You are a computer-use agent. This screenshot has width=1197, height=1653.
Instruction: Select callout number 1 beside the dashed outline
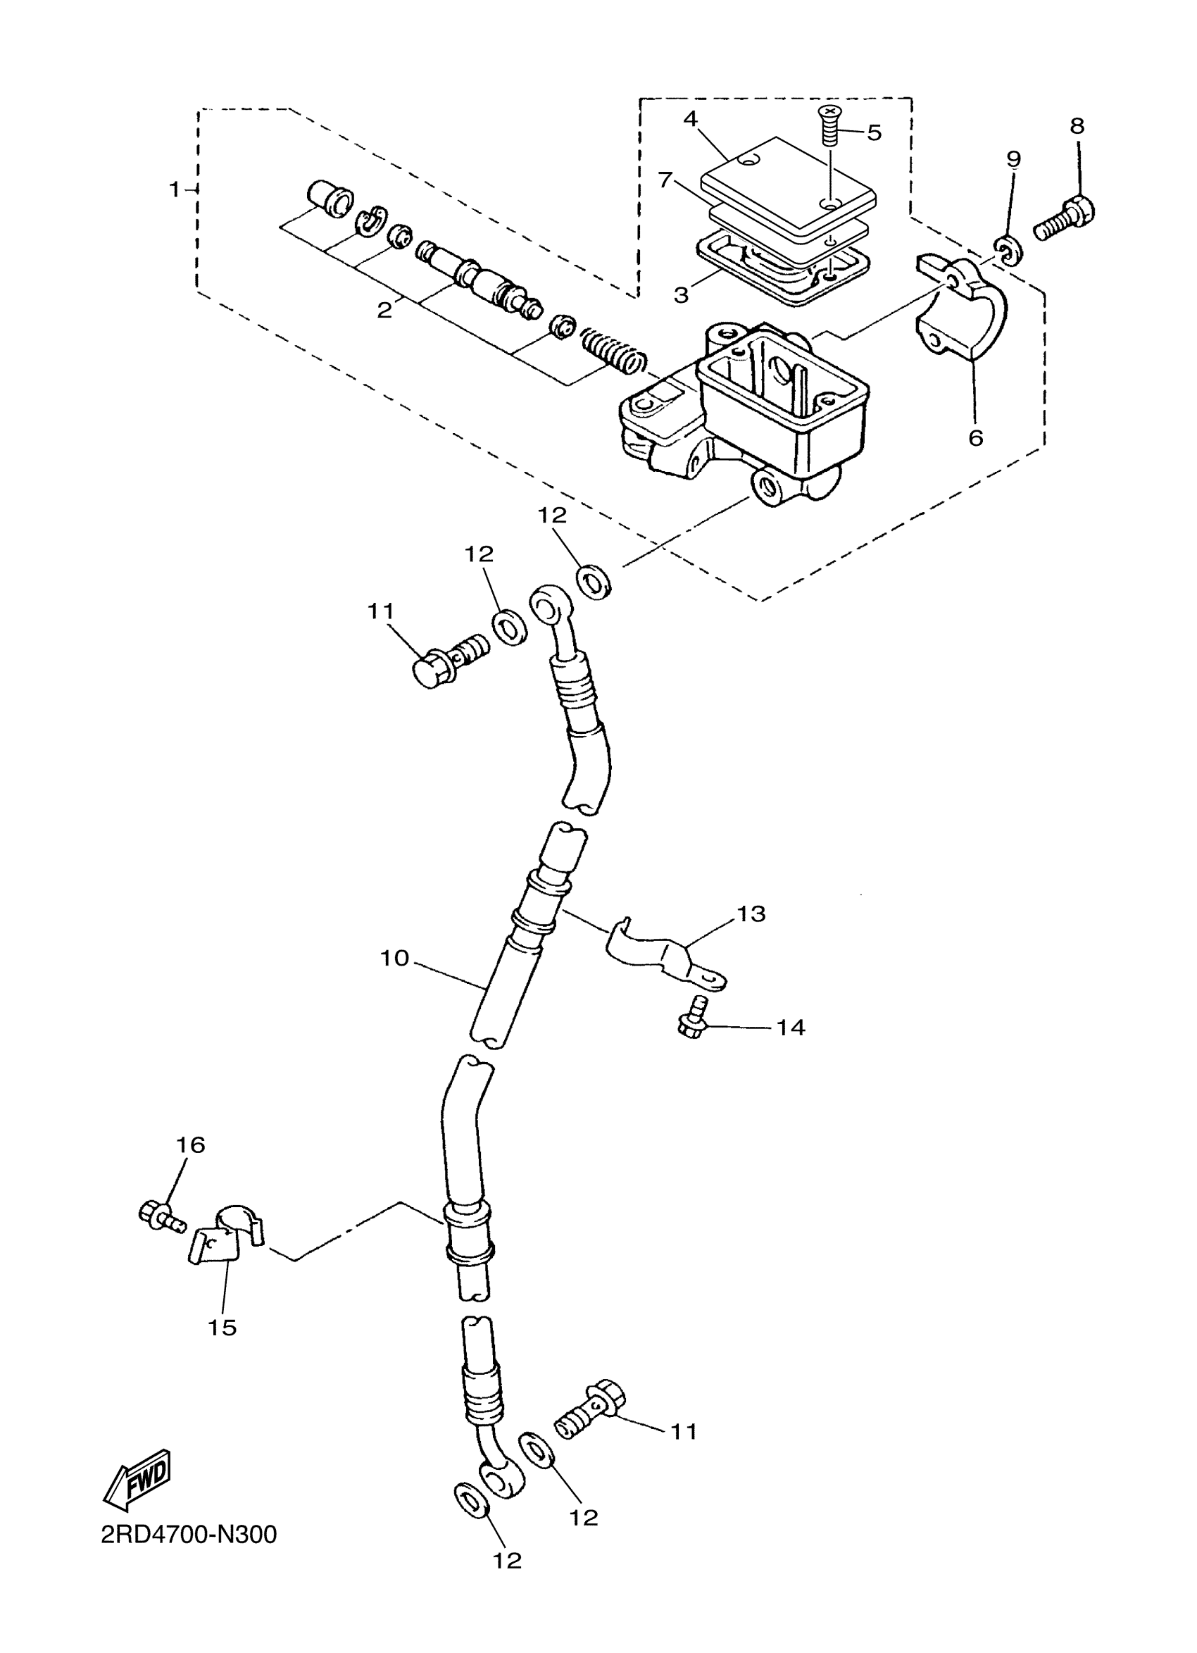[173, 189]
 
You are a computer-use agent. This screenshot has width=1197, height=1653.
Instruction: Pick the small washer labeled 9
[1008, 249]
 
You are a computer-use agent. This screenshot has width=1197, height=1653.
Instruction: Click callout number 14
[790, 1028]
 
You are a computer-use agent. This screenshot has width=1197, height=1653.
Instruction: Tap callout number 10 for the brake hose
[395, 959]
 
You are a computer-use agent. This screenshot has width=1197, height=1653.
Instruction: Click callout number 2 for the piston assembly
[384, 311]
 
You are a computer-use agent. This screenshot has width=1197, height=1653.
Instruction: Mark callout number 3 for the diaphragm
[681, 295]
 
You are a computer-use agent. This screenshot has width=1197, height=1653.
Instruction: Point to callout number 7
[665, 180]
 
